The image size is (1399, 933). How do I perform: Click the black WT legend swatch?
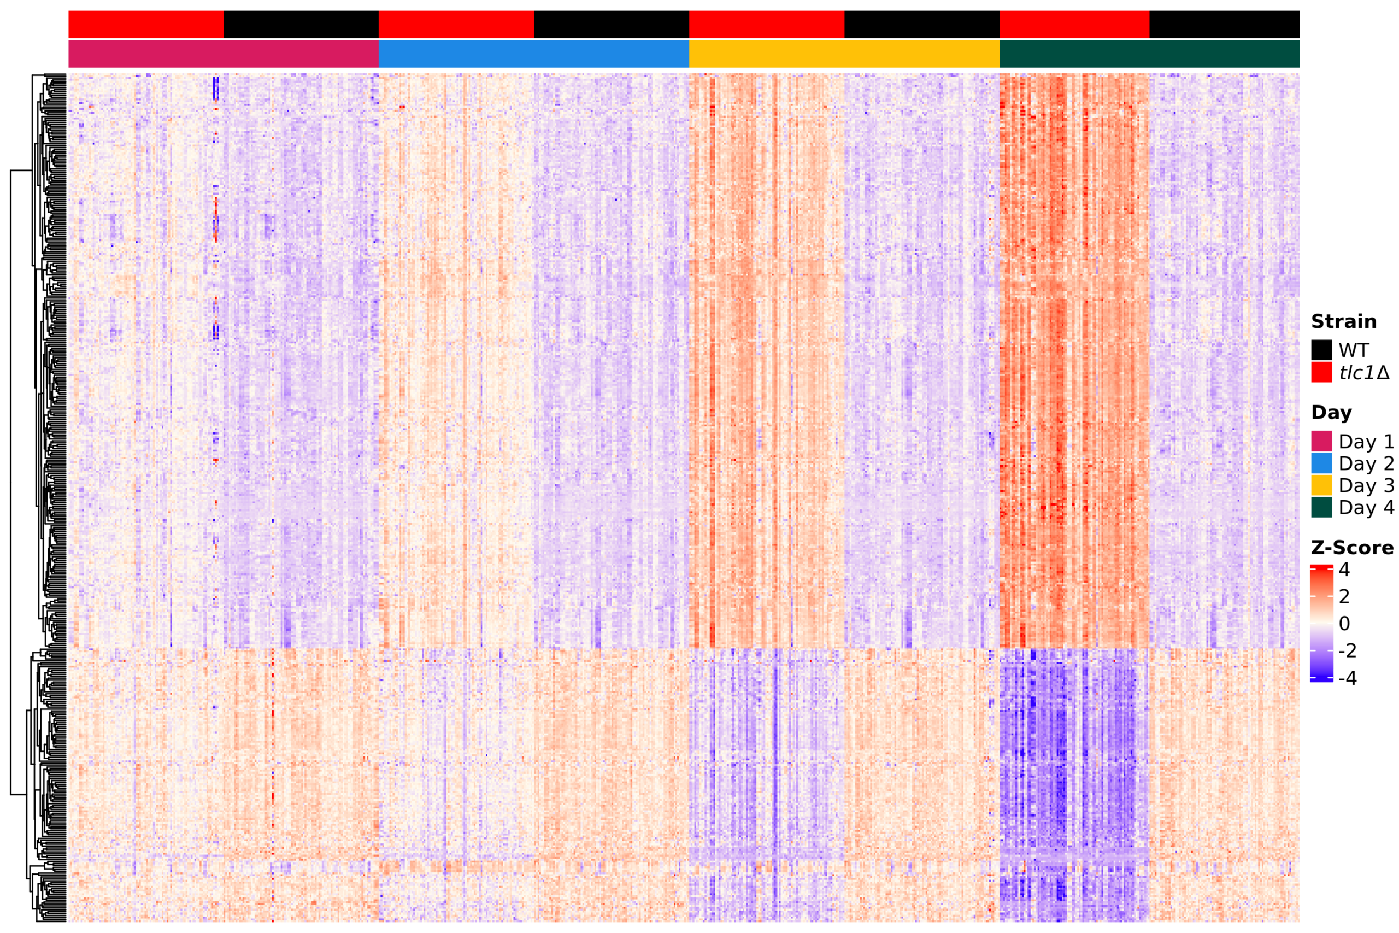(1321, 350)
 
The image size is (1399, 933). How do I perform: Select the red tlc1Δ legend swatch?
(1321, 372)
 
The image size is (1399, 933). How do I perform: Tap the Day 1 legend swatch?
(1321, 442)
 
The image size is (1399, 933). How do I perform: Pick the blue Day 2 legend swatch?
(1321, 463)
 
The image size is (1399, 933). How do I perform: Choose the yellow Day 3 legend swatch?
(1321, 485)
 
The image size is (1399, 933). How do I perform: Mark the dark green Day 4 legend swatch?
(1321, 508)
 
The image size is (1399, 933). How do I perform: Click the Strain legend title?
(1343, 321)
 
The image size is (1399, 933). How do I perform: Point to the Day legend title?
(1331, 412)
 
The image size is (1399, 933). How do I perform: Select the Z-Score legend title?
(1352, 548)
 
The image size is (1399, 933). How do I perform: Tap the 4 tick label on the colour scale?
(1344, 570)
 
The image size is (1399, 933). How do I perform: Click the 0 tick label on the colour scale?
(1344, 624)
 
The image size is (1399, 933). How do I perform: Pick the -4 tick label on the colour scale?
(1347, 678)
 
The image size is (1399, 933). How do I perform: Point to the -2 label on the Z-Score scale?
(1347, 651)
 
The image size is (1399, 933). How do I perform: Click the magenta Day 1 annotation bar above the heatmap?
(224, 54)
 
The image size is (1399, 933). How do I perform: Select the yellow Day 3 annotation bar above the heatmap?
(844, 54)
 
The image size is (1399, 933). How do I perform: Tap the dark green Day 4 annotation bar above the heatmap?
(1149, 54)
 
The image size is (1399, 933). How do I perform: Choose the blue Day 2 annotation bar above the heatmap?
(533, 54)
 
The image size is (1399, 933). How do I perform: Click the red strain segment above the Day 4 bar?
(1074, 25)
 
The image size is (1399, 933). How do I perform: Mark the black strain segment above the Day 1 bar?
(301, 25)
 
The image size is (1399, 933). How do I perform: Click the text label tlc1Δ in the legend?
(1364, 372)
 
